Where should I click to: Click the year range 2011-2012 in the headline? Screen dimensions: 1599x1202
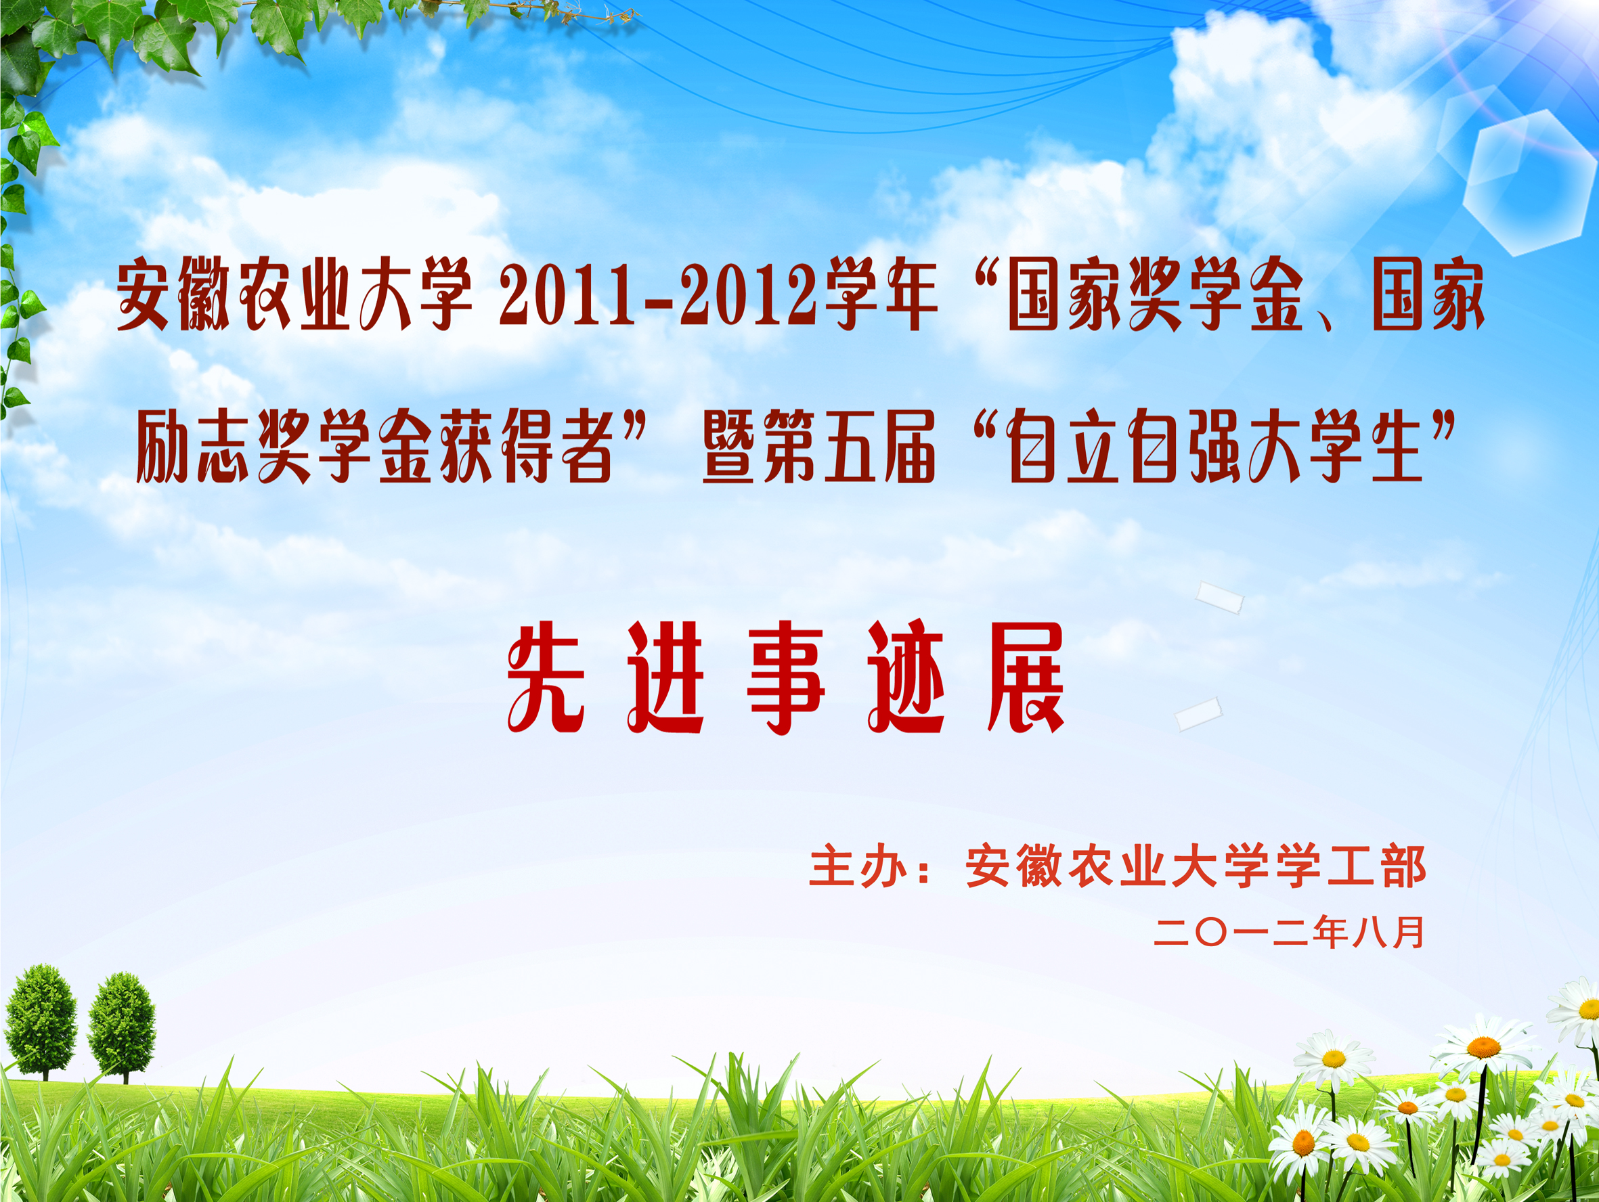(659, 295)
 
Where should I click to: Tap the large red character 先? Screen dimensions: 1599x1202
(546, 677)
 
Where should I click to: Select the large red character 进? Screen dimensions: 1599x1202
(665, 677)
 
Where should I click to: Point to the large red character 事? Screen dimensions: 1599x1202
(786, 677)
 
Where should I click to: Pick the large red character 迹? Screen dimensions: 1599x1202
(906, 677)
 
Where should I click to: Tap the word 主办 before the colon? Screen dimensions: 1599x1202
(858, 866)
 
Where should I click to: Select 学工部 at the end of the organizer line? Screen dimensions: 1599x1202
(1351, 866)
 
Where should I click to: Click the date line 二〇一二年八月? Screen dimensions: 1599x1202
(1289, 932)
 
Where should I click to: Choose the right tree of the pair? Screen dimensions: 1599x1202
(121, 1026)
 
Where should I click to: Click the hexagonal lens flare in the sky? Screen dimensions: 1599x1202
(1529, 182)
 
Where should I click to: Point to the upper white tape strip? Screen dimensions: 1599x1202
(1219, 598)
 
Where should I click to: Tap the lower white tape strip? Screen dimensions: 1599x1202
(1198, 713)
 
